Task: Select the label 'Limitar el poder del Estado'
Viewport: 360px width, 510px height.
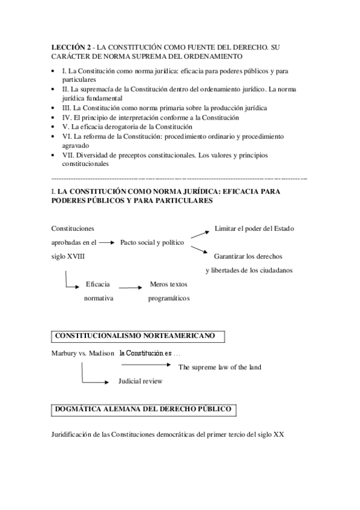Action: [254, 229]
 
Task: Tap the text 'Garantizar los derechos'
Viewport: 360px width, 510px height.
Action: [248, 256]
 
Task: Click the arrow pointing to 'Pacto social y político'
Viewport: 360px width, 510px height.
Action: [106, 242]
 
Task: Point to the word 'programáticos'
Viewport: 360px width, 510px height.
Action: [169, 298]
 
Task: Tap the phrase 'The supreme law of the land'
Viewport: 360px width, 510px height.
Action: [220, 367]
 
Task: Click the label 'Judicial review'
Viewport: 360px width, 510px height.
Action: [140, 381]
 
